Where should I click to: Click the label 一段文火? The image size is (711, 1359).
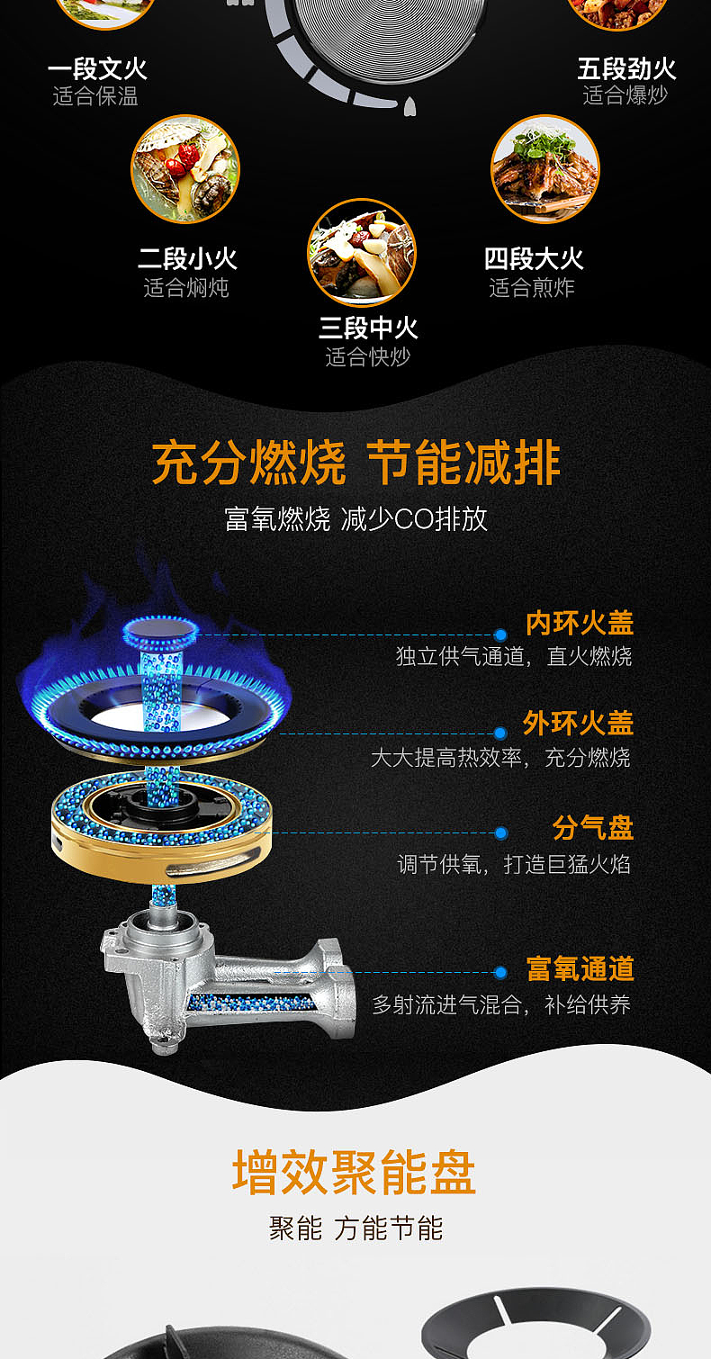coord(97,69)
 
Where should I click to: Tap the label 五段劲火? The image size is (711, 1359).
coord(626,69)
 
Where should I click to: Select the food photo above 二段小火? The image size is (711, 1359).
coord(185,168)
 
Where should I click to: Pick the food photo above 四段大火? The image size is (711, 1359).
coord(544,168)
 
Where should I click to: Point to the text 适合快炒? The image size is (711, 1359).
coord(367,357)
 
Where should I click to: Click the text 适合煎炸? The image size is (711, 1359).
coord(532,288)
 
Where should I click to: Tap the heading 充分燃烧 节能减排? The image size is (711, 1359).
coord(355,463)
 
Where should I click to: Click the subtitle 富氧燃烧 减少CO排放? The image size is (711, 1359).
coord(355,519)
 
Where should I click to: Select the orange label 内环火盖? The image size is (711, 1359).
coord(580,623)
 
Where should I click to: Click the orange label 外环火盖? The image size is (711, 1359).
coord(578,723)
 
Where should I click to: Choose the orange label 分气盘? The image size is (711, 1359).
coord(592,828)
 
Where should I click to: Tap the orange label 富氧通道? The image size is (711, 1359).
coord(580,969)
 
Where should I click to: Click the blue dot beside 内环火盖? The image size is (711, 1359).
coord(501,634)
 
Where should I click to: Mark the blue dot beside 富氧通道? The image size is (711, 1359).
coord(501,972)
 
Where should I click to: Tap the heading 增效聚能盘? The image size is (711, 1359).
coord(354,1173)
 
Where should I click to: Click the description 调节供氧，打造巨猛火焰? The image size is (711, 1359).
coord(514,865)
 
